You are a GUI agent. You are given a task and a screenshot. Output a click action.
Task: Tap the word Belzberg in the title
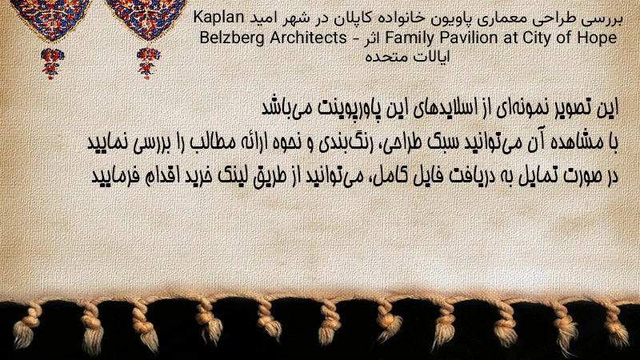[x=232, y=38]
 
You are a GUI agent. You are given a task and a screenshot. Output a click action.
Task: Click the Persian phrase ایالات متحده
[x=407, y=56]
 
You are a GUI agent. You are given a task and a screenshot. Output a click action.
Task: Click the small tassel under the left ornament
[x=52, y=63]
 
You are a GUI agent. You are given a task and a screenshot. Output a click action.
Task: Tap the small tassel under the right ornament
[x=148, y=63]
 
